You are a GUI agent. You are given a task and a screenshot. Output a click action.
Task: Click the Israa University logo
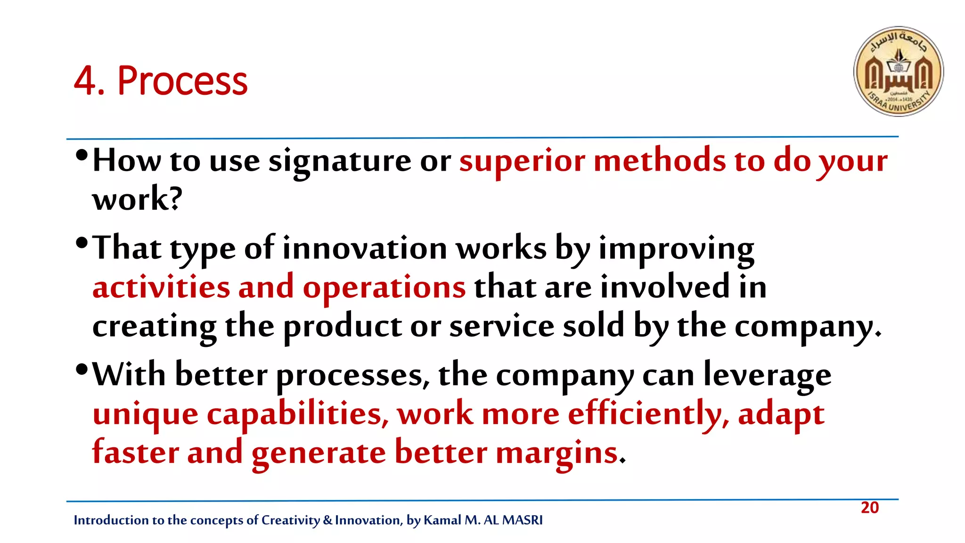[898, 71]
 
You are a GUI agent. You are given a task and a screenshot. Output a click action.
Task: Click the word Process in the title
[182, 81]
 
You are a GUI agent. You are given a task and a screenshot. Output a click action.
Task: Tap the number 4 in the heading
[85, 81]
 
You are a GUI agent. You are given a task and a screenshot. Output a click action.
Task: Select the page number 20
[869, 508]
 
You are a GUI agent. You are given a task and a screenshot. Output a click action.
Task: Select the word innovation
[364, 248]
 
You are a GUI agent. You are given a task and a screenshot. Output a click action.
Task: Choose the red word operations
[384, 287]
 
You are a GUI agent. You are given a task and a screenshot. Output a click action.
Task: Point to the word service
[502, 326]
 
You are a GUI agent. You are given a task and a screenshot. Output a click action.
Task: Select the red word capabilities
[297, 415]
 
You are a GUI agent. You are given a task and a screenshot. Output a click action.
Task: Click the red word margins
[556, 453]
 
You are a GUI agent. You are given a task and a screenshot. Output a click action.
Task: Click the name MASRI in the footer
[523, 520]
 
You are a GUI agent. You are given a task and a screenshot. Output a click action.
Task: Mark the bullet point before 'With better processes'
[82, 369]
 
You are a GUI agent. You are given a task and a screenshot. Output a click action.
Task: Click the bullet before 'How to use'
[82, 155]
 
